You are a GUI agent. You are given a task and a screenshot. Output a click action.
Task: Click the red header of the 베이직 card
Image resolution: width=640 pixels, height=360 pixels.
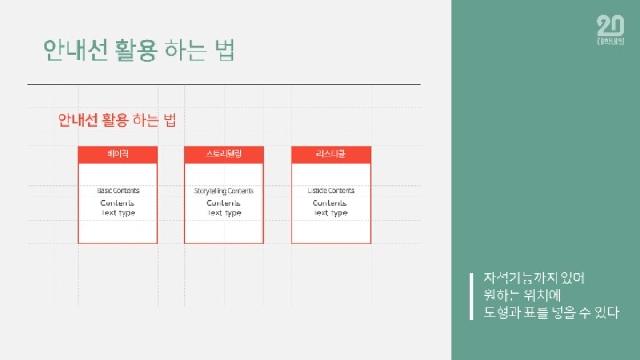tap(118, 155)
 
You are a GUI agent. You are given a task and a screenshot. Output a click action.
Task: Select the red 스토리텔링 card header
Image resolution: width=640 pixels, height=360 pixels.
tap(224, 155)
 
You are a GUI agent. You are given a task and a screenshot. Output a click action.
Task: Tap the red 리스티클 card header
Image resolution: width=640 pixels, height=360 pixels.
tap(331, 155)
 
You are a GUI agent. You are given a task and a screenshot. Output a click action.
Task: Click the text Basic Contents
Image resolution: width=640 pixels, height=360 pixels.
tap(118, 191)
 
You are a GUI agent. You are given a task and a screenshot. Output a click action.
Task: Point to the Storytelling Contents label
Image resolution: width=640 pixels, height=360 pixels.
tap(224, 191)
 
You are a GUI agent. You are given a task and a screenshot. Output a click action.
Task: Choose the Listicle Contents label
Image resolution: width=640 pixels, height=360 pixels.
tap(331, 191)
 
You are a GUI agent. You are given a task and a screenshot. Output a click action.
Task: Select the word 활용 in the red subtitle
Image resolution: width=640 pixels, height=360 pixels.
tap(115, 120)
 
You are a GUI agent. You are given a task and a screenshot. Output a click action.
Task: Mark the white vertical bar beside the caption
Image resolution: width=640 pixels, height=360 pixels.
tap(473, 295)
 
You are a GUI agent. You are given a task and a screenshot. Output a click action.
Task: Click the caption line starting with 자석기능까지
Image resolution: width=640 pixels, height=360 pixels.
tap(535, 277)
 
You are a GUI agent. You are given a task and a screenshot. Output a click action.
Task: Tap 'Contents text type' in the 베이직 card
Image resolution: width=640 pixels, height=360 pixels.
tap(118, 208)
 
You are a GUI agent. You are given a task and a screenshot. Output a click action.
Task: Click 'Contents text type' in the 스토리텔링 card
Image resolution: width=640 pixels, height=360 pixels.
tap(224, 208)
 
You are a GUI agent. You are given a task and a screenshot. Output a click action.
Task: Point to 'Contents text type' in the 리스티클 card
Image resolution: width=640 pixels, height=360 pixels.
tap(331, 208)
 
